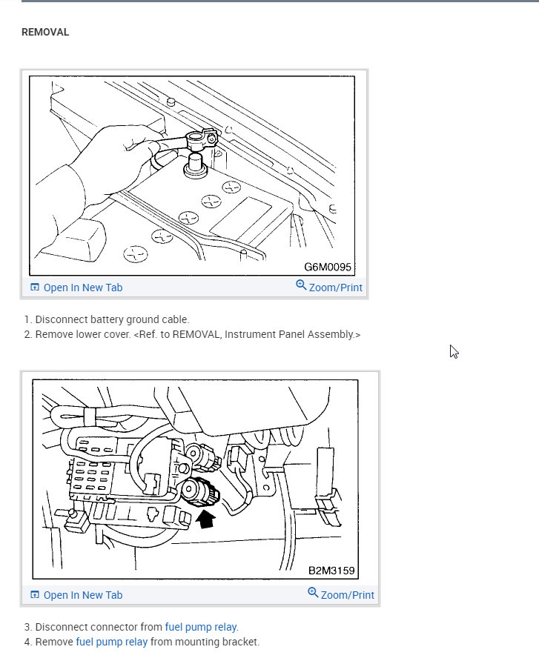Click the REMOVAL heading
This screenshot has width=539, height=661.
click(x=45, y=33)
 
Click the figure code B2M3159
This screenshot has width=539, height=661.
click(x=331, y=571)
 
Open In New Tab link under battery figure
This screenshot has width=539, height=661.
click(x=82, y=288)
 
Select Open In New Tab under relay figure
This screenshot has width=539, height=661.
click(x=82, y=595)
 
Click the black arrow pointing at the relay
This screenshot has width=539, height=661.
click(x=207, y=518)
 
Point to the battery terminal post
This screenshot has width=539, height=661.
click(x=194, y=164)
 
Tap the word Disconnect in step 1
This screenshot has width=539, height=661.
click(x=60, y=319)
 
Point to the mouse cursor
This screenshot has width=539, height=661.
click(x=454, y=351)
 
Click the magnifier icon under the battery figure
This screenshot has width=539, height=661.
click(x=301, y=285)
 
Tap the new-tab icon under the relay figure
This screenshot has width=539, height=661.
click(x=35, y=595)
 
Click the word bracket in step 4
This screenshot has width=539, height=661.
click(x=242, y=642)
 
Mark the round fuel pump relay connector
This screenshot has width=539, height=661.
click(x=199, y=491)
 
